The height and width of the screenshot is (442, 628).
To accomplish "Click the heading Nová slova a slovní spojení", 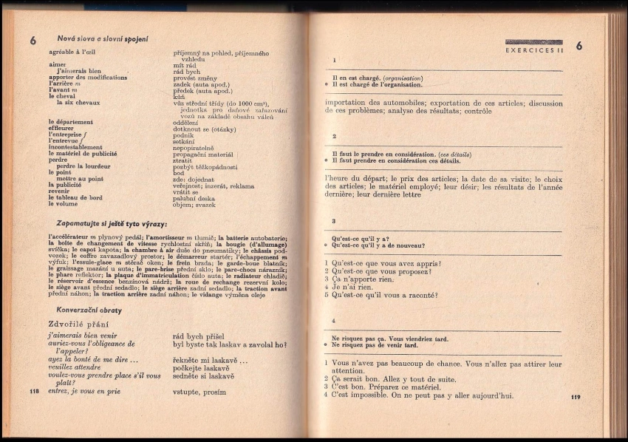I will click(x=103, y=39).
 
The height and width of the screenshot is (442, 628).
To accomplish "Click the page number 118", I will click(x=34, y=390).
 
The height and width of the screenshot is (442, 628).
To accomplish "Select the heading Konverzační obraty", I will click(x=89, y=310).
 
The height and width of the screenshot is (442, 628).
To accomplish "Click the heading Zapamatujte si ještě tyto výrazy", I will click(x=112, y=224).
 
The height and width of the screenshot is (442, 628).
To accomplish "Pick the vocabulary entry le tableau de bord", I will click(x=75, y=197).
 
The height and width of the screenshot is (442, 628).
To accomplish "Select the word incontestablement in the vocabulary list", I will click(x=75, y=146).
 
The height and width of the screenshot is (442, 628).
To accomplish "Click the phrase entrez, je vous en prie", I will click(x=83, y=391).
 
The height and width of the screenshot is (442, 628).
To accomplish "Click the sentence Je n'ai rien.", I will click(x=356, y=287).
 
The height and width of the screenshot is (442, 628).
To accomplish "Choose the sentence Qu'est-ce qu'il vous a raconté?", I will click(x=384, y=295).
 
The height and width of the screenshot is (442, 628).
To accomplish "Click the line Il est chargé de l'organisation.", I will click(x=381, y=85).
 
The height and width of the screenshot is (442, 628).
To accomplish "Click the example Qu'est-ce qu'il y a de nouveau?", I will click(x=378, y=245).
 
